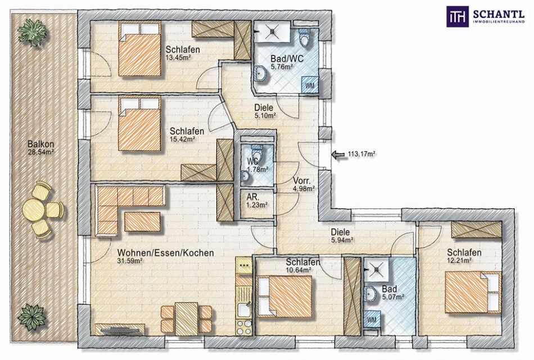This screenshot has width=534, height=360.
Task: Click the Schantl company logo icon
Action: point(457,16)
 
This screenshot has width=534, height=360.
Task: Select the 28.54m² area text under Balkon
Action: point(41,152)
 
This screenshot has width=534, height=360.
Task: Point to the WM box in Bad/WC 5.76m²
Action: point(310,85)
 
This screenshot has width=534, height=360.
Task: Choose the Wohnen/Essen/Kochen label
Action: point(165,253)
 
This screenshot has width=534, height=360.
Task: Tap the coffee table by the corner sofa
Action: point(142,221)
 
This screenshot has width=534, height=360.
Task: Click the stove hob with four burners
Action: point(244,327)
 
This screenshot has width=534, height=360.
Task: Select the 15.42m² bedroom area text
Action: point(182,139)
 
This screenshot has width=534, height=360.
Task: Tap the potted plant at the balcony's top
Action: point(34,31)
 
